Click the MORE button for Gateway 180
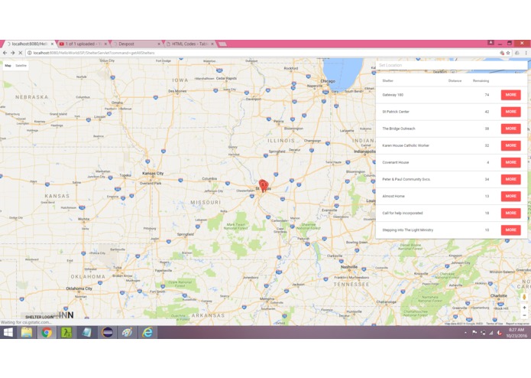(x=510, y=95)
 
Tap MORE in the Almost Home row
(x=510, y=196)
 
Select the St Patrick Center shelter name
(x=396, y=112)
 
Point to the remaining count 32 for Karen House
(x=487, y=145)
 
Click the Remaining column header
(x=481, y=80)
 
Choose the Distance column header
(x=455, y=80)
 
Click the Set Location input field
(x=451, y=65)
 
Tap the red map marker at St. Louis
(x=264, y=185)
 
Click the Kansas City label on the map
(x=153, y=173)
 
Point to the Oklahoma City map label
(x=79, y=288)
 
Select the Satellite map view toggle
(x=21, y=66)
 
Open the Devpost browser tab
(x=126, y=44)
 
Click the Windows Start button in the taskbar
(x=8, y=333)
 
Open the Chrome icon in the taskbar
(x=47, y=333)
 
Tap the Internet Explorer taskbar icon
(x=147, y=333)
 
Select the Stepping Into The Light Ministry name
(x=407, y=230)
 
